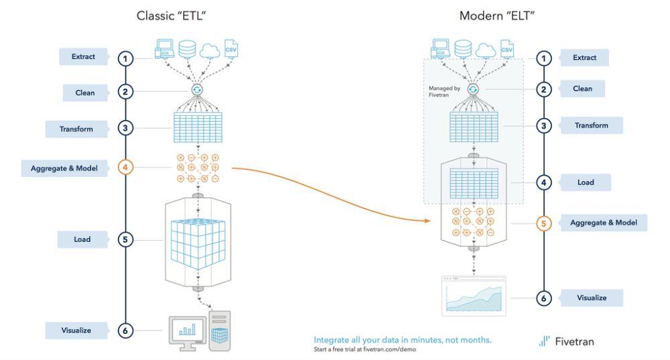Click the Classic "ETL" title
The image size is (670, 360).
tap(171, 16)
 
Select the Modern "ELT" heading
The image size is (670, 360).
tap(497, 16)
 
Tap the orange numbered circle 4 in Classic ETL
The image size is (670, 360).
tap(125, 167)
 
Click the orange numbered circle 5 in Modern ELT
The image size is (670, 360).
tap(543, 223)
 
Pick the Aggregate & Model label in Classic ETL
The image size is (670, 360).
tap(64, 168)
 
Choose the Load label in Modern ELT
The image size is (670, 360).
tap(586, 182)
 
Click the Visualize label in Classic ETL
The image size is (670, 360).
tap(76, 331)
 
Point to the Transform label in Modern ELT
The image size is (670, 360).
tap(592, 126)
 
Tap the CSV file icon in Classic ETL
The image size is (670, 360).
tap(230, 49)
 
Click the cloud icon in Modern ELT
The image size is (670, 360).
tap(486, 50)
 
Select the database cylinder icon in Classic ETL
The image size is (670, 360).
tap(187, 49)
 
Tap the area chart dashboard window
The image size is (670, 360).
tap(474, 296)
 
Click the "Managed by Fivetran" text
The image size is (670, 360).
tap(444, 91)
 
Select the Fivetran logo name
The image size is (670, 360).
tap(574, 342)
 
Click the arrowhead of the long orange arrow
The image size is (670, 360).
tap(427, 221)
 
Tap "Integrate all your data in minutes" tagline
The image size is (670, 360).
tap(403, 340)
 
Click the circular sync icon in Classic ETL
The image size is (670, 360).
tap(197, 90)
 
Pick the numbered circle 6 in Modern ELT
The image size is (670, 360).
tap(543, 298)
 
